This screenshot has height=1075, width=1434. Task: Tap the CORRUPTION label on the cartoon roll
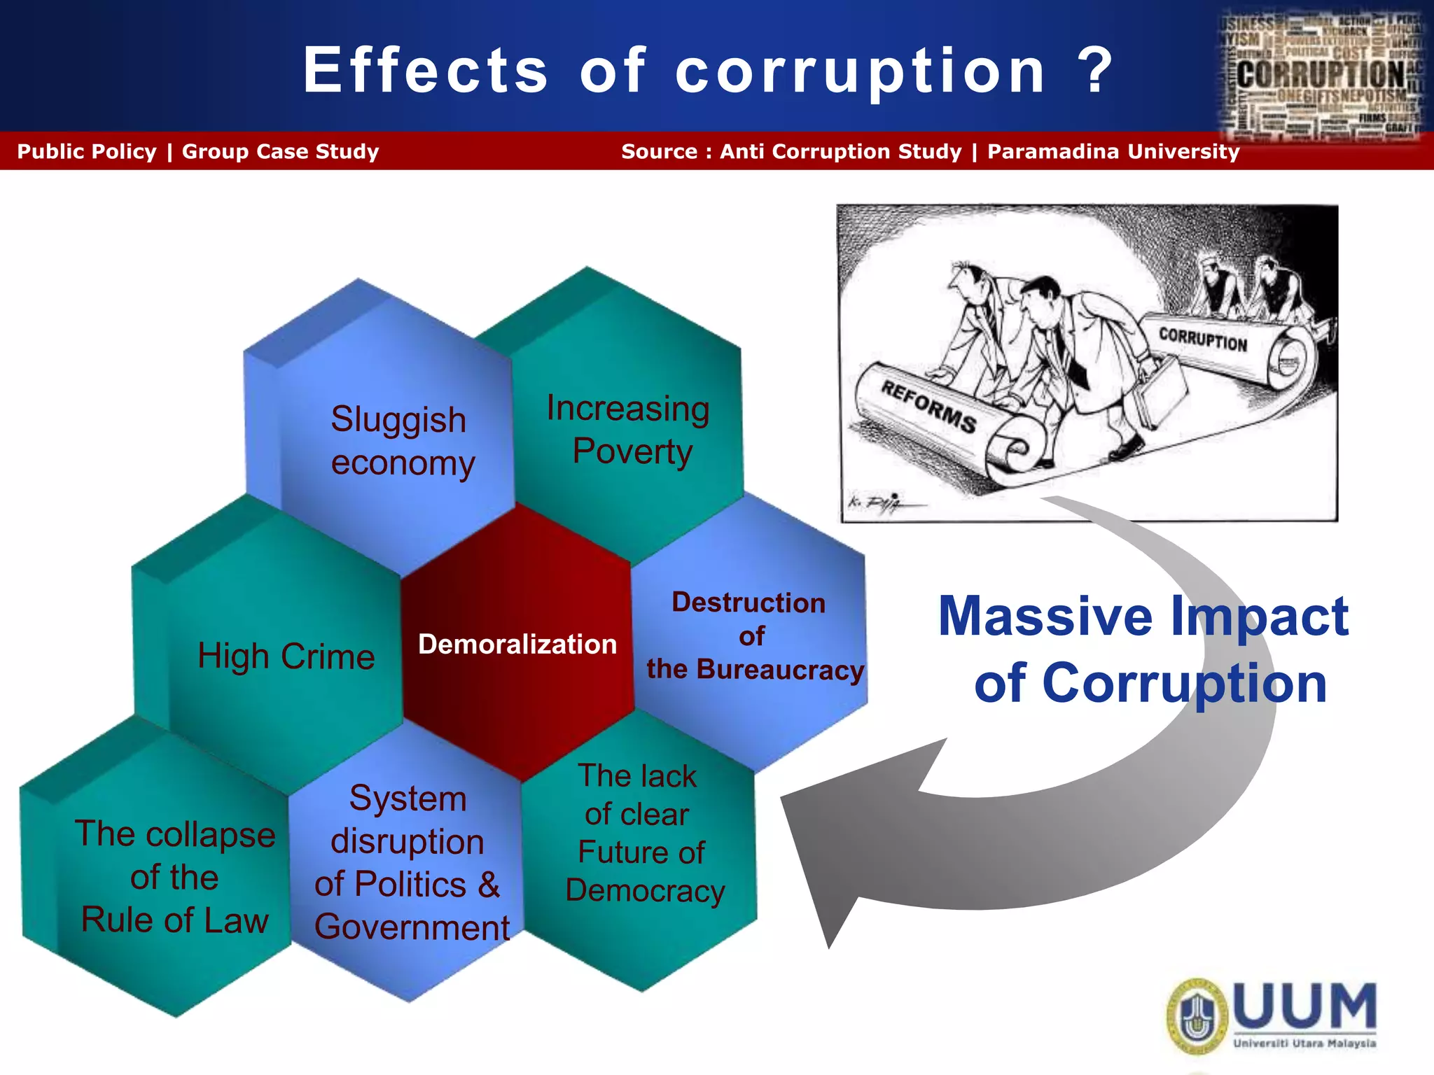click(x=1202, y=340)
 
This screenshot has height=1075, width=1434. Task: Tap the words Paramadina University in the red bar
click(x=1113, y=152)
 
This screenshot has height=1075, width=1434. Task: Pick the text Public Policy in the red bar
click(x=87, y=152)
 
